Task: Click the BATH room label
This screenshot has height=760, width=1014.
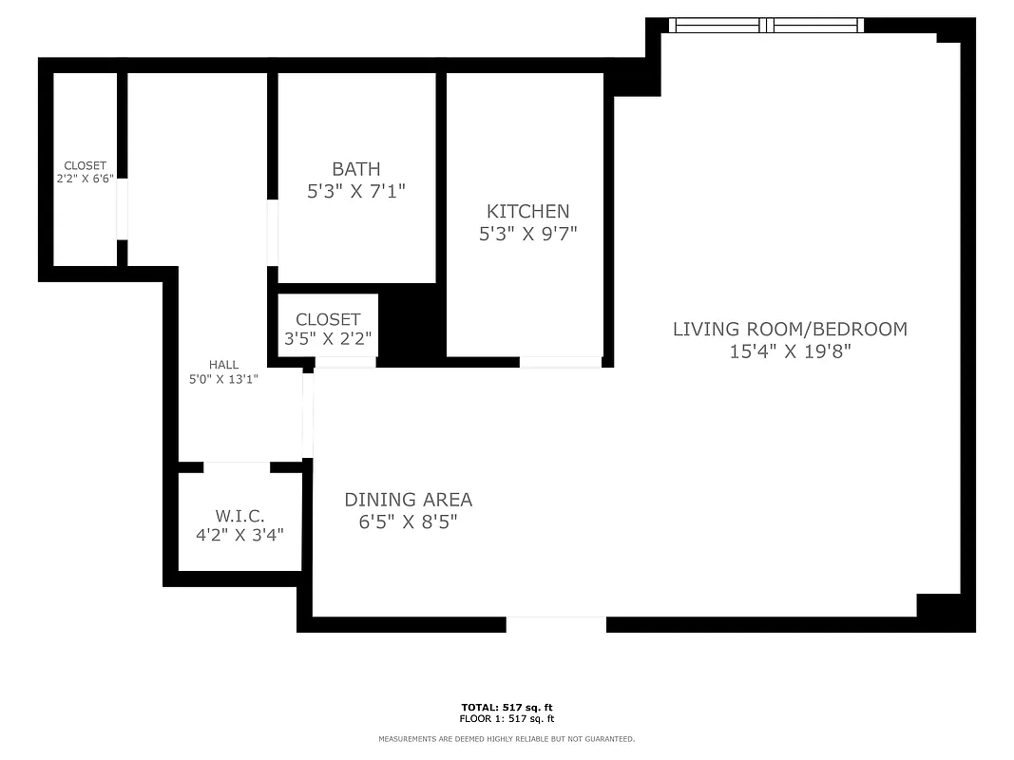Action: click(356, 169)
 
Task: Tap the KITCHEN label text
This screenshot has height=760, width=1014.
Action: click(527, 211)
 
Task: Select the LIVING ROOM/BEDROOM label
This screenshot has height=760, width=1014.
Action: click(790, 329)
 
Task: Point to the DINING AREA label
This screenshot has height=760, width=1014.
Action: click(408, 499)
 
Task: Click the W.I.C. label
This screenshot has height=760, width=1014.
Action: click(239, 515)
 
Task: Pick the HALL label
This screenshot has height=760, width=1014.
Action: click(224, 365)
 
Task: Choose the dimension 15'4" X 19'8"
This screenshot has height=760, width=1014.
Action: click(790, 351)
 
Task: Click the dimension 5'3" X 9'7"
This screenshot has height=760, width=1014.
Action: click(527, 233)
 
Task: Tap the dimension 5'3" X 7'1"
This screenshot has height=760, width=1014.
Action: click(356, 191)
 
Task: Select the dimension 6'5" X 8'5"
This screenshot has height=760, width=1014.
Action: click(408, 522)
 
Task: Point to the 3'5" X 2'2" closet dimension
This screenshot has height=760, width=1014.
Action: click(328, 337)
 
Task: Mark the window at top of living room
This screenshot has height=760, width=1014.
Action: click(766, 26)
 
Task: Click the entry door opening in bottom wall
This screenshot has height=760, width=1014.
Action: click(556, 624)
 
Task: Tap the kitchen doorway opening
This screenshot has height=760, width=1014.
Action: click(561, 362)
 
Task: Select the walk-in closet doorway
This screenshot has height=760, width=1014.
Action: click(237, 466)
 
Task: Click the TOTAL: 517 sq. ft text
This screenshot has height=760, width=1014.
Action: click(507, 708)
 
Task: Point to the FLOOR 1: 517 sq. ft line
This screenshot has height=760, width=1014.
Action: click(507, 719)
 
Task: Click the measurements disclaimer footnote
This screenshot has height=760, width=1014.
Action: click(507, 739)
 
